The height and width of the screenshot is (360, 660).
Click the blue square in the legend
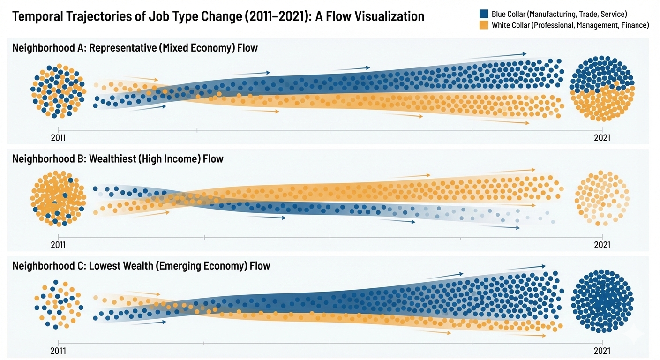pyautogui.click(x=484, y=14)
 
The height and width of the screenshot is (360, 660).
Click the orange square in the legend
pyautogui.click(x=484, y=25)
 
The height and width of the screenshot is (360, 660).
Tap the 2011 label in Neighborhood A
pyautogui.click(x=59, y=138)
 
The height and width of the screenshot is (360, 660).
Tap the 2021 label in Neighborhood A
pyautogui.click(x=602, y=138)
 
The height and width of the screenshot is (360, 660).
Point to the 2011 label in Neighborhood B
pyautogui.click(x=59, y=245)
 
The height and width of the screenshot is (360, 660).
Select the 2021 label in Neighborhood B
pyautogui.click(x=602, y=245)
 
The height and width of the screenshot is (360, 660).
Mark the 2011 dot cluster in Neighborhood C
pyautogui.click(x=59, y=303)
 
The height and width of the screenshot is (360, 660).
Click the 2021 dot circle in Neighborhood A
pyautogui.click(x=602, y=89)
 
